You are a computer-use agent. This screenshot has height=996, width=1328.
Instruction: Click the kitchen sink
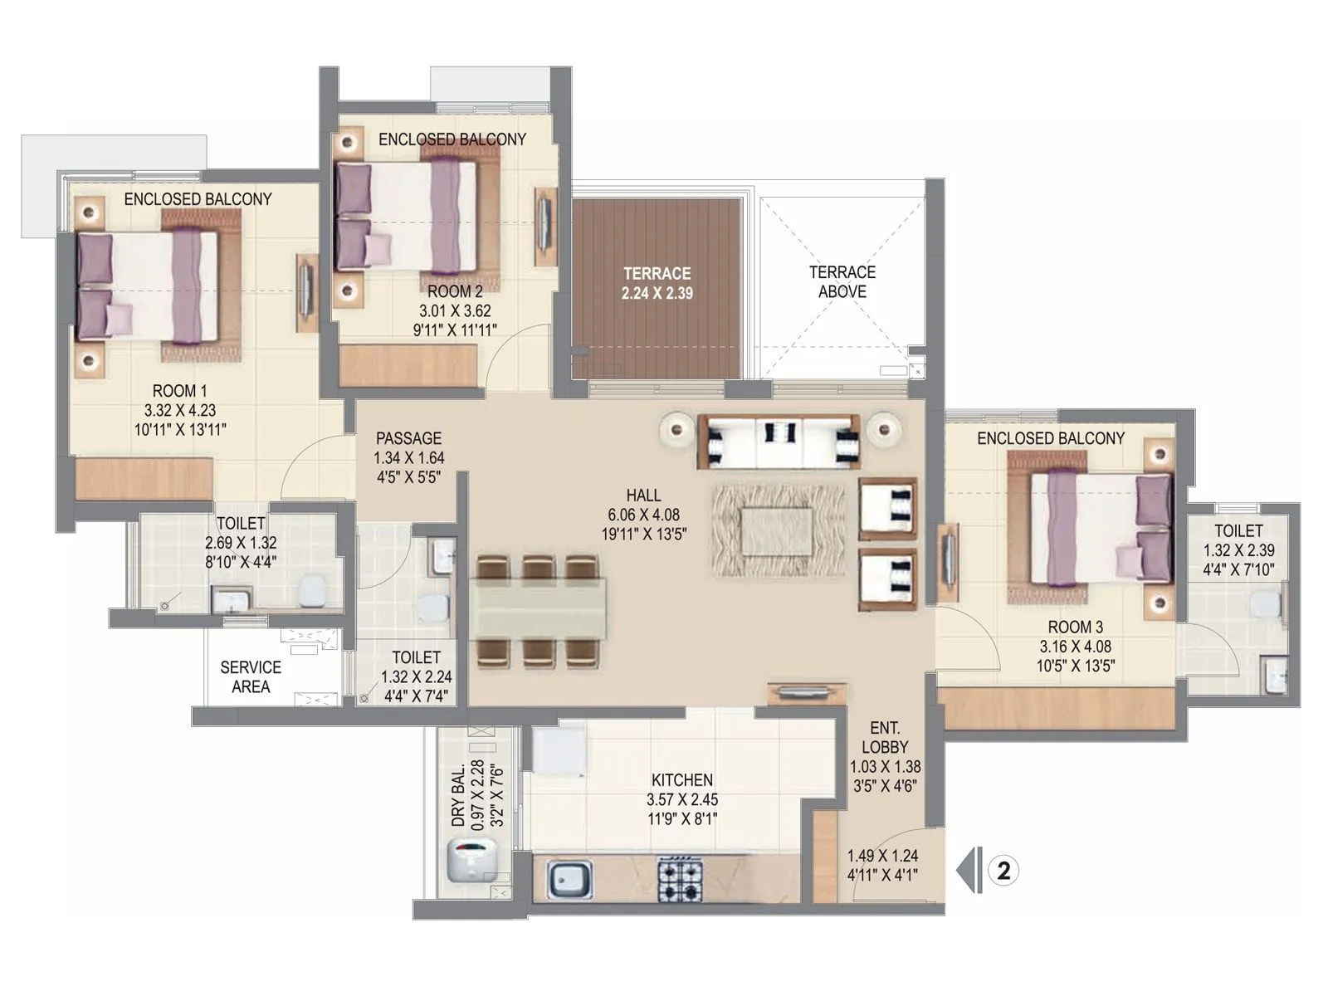(569, 879)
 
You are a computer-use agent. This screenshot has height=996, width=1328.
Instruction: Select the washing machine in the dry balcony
(471, 860)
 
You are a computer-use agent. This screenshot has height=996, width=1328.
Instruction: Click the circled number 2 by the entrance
(1004, 871)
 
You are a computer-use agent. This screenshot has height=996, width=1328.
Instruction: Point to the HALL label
(643, 496)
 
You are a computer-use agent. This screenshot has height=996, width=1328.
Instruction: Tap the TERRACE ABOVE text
(842, 282)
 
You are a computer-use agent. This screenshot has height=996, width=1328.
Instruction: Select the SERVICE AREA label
(251, 676)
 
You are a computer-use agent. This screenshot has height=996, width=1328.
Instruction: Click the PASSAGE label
(408, 438)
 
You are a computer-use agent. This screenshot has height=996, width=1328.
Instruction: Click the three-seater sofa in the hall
(779, 440)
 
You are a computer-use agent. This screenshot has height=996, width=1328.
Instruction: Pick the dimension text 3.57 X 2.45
(682, 800)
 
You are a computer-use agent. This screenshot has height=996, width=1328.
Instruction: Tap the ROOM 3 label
(1075, 627)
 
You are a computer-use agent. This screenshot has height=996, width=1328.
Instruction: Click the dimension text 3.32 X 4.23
(180, 410)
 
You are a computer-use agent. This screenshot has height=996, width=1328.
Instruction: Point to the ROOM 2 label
(455, 292)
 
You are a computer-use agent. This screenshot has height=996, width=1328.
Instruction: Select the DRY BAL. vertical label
(457, 796)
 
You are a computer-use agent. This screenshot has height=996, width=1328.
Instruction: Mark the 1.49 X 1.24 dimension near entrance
(882, 855)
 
